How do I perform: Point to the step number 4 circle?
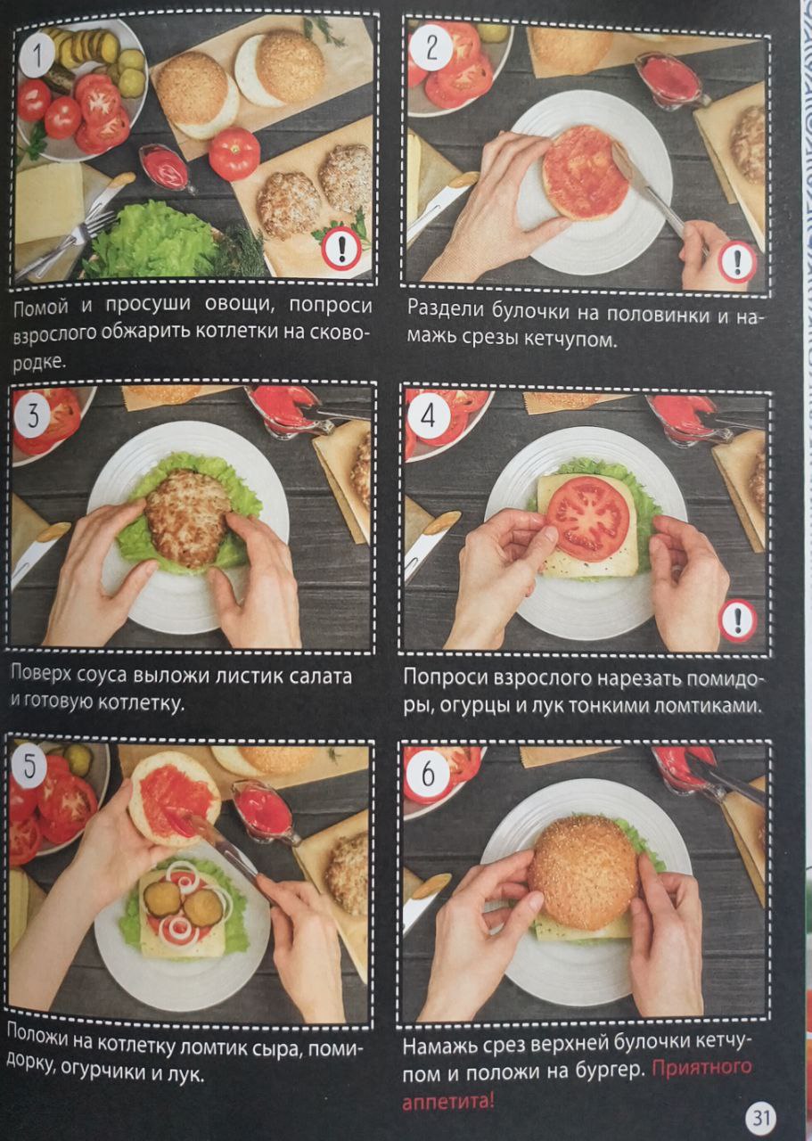tap(429, 418)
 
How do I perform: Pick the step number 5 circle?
tap(30, 768)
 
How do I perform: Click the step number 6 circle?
tap(428, 775)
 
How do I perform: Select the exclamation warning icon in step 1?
tap(341, 249)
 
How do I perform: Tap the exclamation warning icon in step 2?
tap(737, 261)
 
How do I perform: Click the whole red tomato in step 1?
tap(234, 154)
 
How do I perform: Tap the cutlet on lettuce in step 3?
tap(188, 519)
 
